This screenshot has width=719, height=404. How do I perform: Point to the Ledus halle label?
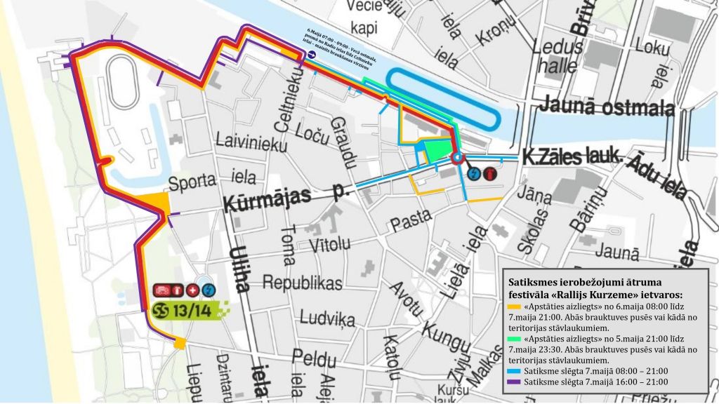click(559, 56)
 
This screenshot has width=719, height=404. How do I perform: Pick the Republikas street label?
click(302, 282)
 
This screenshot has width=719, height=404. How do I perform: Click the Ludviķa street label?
click(326, 318)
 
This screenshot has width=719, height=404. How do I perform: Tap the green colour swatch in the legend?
click(514, 335)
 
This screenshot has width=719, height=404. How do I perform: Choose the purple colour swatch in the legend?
click(514, 382)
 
